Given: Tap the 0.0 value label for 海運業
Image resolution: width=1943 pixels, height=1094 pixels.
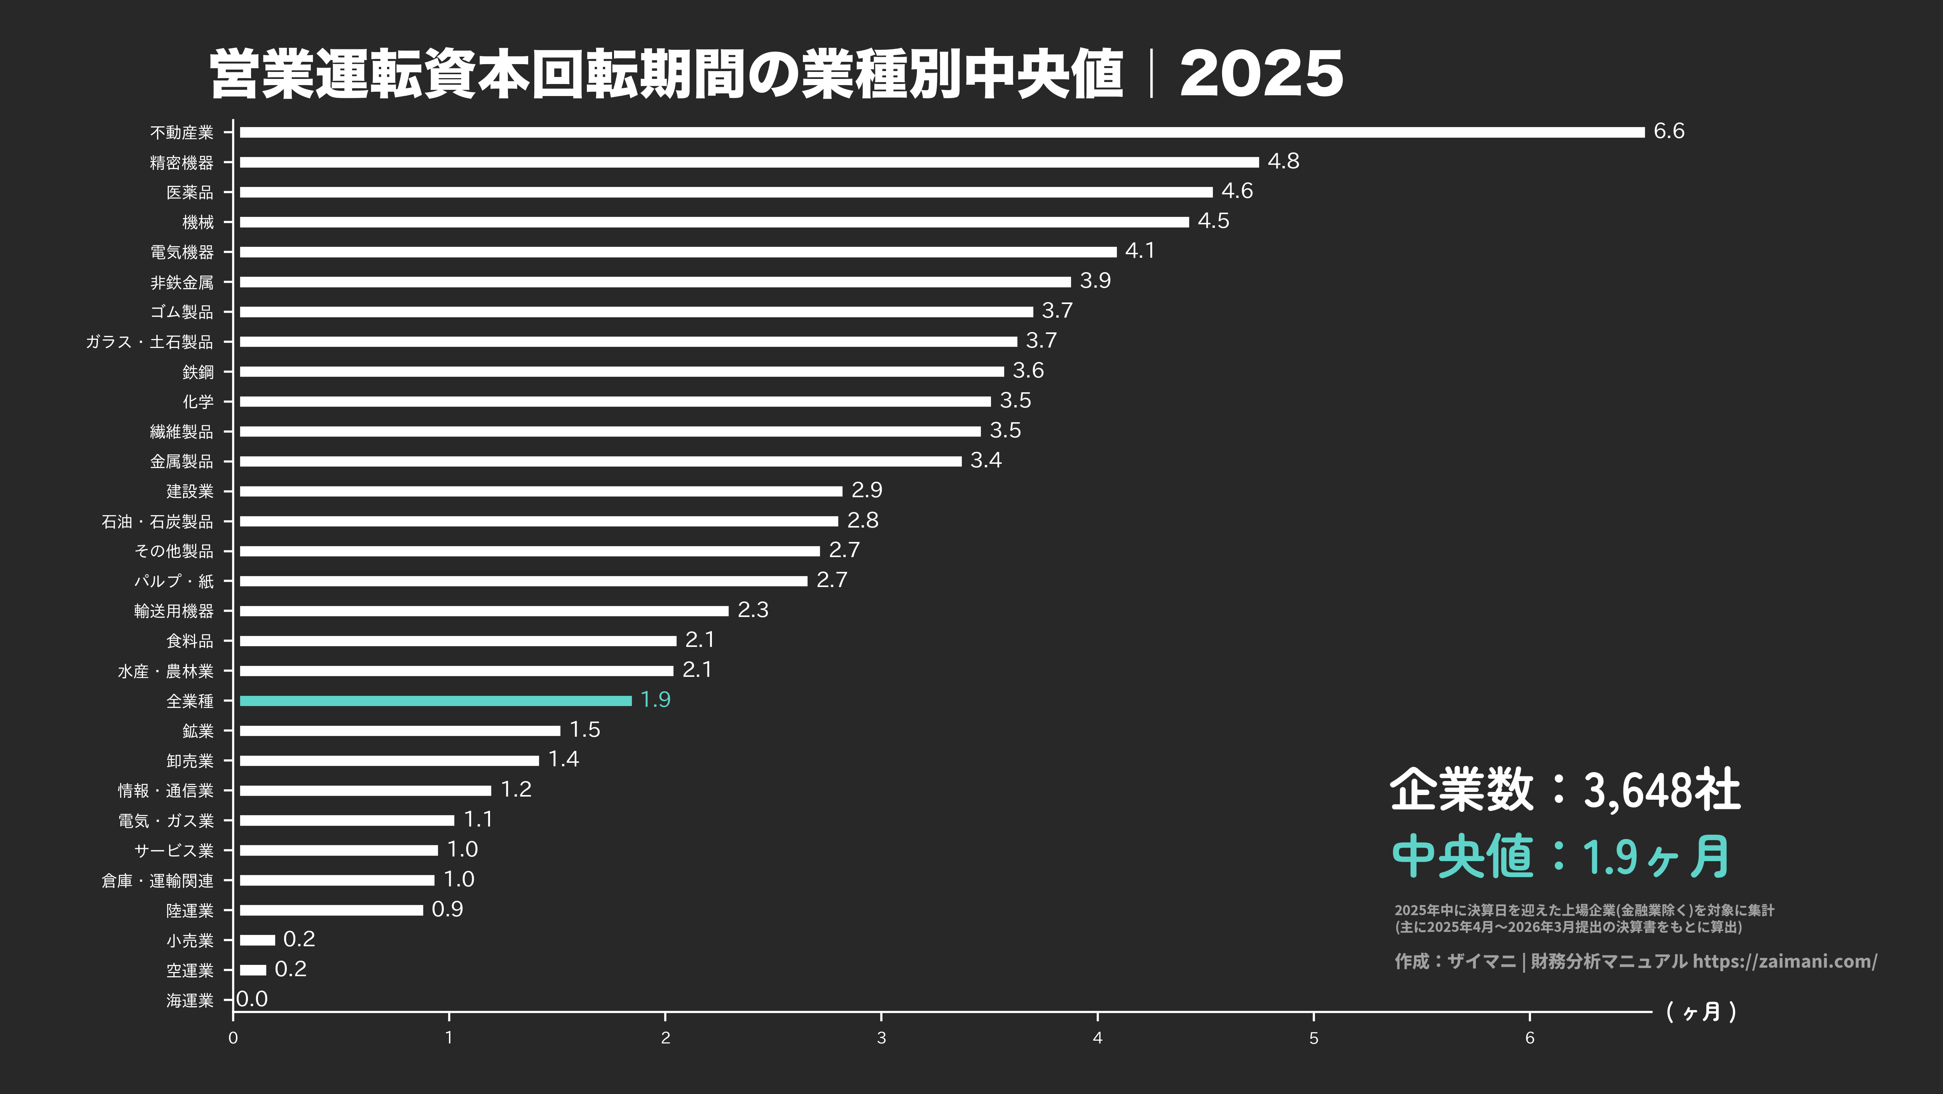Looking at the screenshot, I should pos(252,999).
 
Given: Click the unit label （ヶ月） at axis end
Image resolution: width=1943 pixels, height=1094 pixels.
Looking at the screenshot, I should pos(1701,1012).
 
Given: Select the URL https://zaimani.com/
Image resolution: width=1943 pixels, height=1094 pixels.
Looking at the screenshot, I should pos(1784,961).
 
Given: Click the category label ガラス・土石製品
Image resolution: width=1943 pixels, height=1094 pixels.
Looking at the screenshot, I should pos(149,342).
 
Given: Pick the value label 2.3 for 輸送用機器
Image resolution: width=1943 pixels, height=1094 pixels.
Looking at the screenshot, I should pos(753,610).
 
